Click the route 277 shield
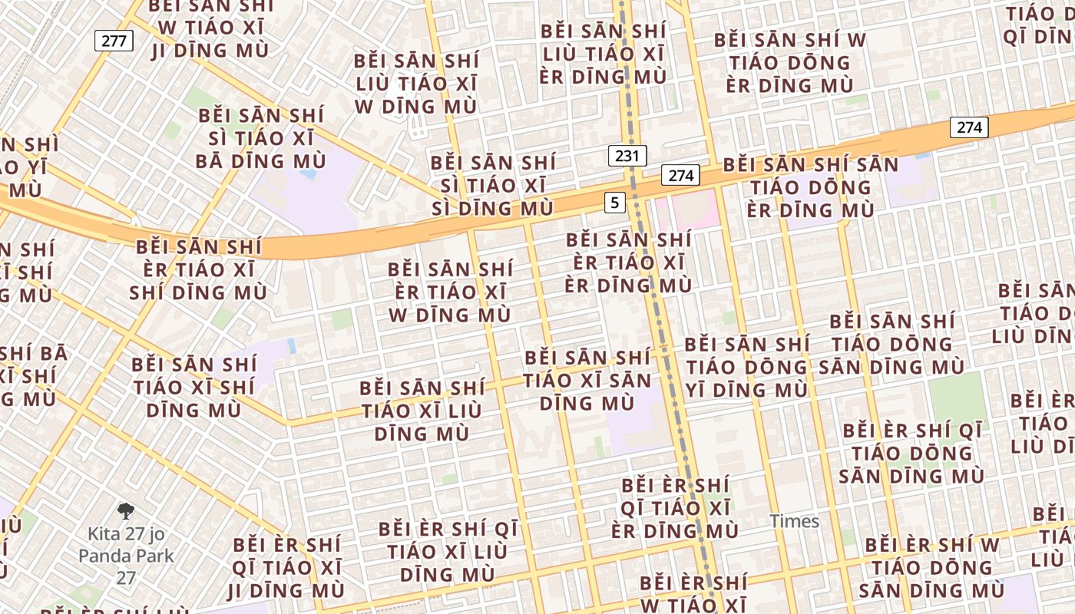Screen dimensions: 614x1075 click(114, 41)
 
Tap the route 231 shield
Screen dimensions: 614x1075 click(627, 156)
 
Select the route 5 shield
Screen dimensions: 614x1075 click(614, 203)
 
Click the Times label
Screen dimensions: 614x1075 click(795, 522)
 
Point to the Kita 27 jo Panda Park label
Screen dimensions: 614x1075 click(126, 555)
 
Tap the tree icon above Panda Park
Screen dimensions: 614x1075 click(126, 511)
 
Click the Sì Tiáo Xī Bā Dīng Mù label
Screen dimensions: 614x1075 click(261, 139)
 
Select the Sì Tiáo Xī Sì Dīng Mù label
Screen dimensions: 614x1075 click(492, 186)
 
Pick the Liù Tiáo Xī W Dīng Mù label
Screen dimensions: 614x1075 click(415, 84)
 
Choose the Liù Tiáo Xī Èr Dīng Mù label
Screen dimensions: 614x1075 click(603, 54)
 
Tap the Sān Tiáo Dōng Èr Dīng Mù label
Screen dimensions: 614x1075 click(811, 187)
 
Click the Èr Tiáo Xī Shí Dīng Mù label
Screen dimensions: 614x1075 click(198, 270)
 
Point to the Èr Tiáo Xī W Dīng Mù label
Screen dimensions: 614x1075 click(450, 292)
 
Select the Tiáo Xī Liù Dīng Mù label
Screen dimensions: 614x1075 click(422, 411)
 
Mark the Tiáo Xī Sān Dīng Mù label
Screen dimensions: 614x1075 click(587, 380)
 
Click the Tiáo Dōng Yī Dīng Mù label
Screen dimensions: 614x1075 click(746, 368)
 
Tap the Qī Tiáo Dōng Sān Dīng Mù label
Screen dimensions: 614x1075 click(912, 453)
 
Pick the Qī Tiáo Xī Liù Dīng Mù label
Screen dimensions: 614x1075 click(448, 552)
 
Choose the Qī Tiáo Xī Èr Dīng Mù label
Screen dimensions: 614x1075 click(675, 508)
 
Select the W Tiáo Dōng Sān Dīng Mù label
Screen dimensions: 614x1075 click(932, 568)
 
